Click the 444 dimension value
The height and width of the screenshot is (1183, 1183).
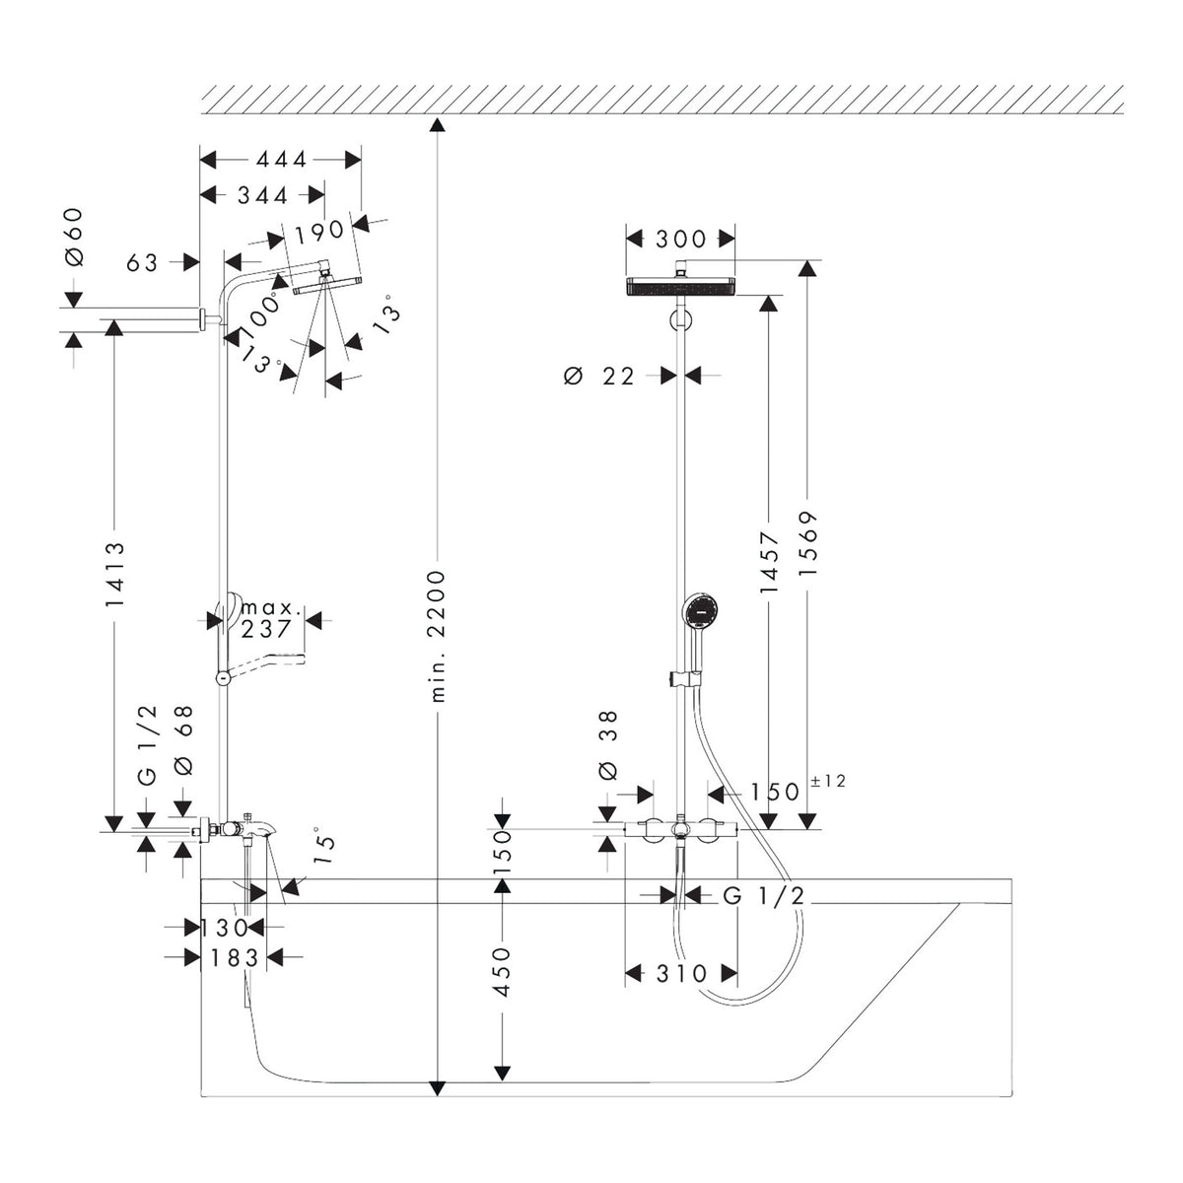(282, 160)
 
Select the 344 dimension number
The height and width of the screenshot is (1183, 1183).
(263, 195)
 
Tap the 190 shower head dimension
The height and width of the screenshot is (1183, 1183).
(319, 231)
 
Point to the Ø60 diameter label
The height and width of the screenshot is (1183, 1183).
(73, 237)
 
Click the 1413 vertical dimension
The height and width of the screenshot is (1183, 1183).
(114, 574)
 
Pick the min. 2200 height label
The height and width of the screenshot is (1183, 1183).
(437, 636)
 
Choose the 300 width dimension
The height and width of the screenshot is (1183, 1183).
(681, 239)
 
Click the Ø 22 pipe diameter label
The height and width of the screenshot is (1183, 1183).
(599, 376)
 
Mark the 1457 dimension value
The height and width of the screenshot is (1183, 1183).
(769, 562)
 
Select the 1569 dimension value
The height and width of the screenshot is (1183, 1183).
(808, 544)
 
